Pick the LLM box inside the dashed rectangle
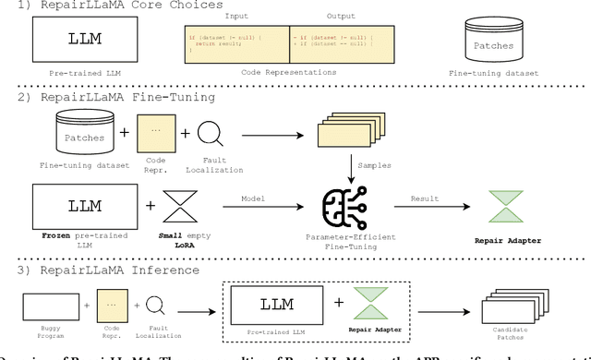point(276,303)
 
